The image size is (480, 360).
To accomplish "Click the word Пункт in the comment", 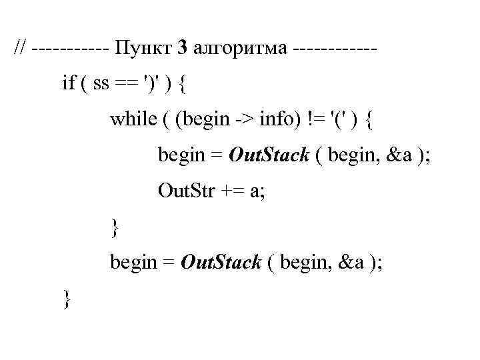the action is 142,49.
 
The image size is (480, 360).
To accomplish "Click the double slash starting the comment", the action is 22,49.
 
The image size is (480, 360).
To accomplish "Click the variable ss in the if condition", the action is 101,85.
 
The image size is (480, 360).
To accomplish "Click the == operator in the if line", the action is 127,85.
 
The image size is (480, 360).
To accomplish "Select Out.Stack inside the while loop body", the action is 268,156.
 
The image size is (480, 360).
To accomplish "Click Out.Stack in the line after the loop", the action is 220,263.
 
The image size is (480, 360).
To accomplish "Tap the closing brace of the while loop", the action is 115,228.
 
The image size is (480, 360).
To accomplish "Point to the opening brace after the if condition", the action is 184,85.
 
